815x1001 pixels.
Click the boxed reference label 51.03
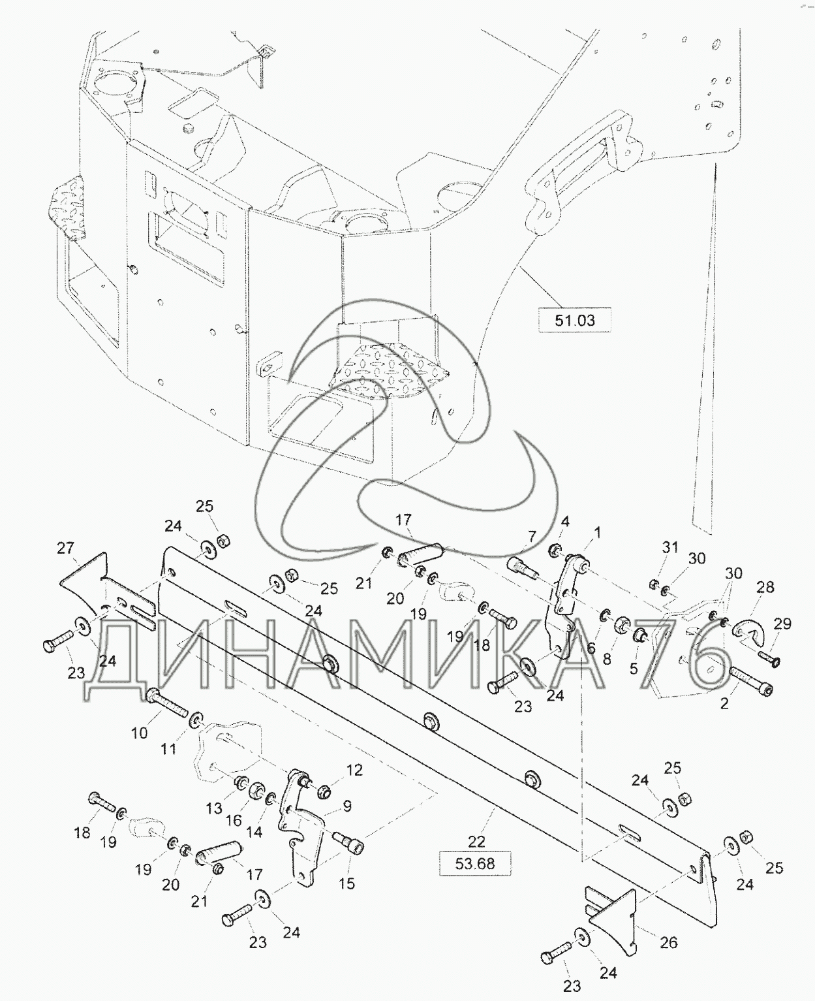point(575,320)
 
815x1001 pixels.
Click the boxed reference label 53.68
point(475,864)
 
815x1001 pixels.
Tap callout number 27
point(65,548)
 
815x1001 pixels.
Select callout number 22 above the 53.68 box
point(476,841)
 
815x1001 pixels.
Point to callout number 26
point(669,942)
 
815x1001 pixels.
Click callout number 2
point(724,703)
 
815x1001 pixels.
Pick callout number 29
point(782,624)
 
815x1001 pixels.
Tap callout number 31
point(670,547)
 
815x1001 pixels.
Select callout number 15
point(346,883)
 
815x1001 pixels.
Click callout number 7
point(531,536)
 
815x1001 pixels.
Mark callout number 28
point(765,587)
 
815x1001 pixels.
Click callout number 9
point(347,806)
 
